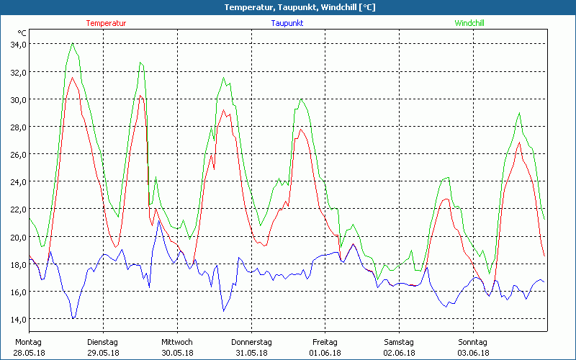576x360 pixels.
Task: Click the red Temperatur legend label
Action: [x=106, y=23]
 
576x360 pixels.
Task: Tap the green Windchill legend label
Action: [x=469, y=23]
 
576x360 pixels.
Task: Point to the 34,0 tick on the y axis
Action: [x=17, y=45]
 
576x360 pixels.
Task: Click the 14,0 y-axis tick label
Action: [x=17, y=319]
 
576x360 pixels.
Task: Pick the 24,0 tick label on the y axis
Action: [x=17, y=182]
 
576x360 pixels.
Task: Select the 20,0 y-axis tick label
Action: [x=17, y=237]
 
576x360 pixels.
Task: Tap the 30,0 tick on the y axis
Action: [x=17, y=99]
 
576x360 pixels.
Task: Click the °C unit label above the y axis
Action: [x=22, y=33]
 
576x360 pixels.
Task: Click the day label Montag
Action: [x=28, y=342]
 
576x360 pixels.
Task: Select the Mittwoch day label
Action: [x=177, y=342]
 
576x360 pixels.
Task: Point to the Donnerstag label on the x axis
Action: [x=251, y=342]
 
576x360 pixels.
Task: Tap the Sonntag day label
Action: [x=473, y=342]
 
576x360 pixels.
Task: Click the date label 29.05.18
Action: [x=102, y=353]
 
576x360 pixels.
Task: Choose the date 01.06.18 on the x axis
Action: [x=325, y=353]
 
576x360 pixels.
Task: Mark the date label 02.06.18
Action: [x=400, y=353]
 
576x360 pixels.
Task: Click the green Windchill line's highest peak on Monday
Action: [x=73, y=44]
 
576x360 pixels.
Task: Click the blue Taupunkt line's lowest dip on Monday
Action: [x=73, y=318]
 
